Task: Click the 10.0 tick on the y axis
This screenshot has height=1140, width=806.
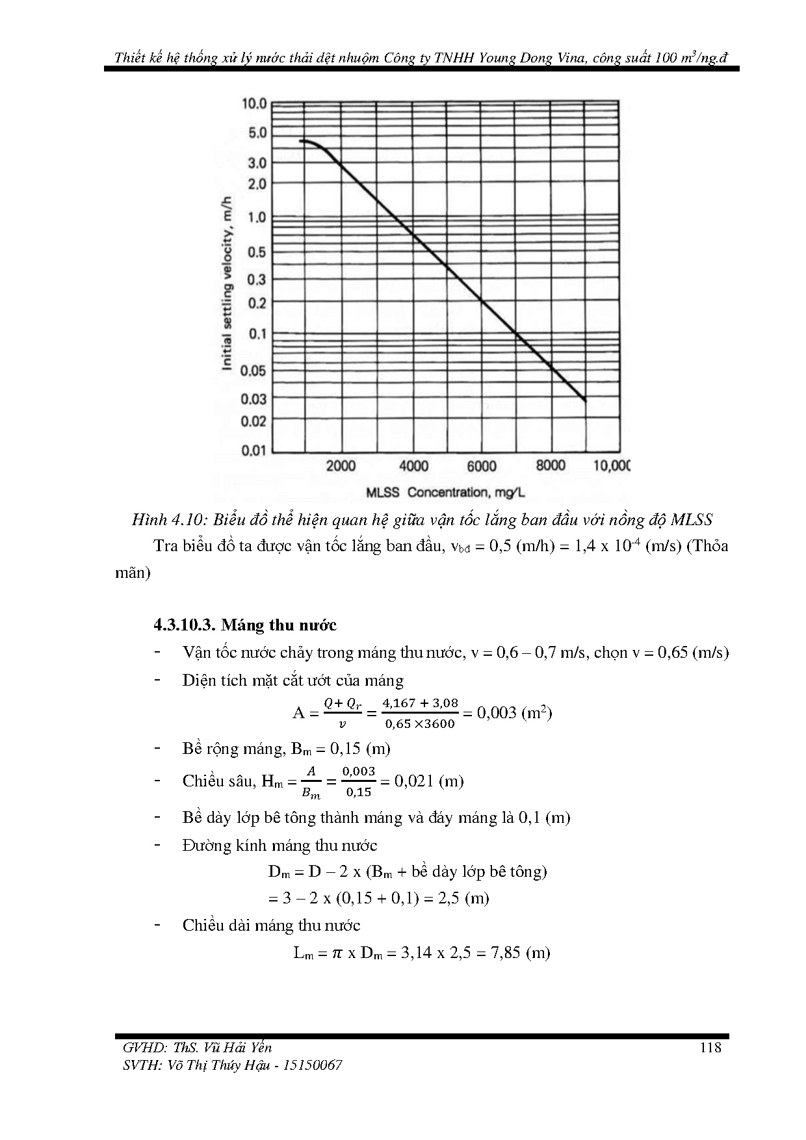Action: coord(254,103)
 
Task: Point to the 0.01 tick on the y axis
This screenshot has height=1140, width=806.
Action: coord(254,450)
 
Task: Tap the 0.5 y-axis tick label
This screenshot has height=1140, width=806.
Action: coord(258,252)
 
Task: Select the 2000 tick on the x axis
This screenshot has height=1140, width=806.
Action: coord(341,466)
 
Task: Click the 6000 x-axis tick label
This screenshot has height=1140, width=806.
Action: coord(482,466)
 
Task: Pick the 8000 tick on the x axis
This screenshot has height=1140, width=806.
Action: coord(551,465)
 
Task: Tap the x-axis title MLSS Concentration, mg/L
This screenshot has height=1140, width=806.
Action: coord(445,492)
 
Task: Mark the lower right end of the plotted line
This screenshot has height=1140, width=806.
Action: coord(584,400)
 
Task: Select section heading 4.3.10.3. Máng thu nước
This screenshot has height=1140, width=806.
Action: coord(245,625)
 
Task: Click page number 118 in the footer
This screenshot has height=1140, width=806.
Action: coord(710,1047)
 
